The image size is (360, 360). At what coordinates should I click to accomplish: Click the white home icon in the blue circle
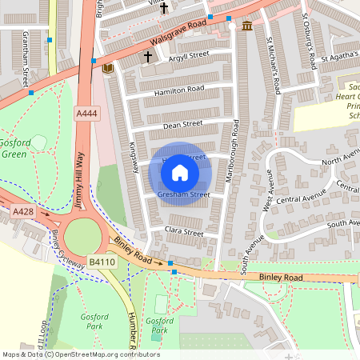click(180, 173)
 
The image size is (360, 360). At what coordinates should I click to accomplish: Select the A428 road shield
click(22, 210)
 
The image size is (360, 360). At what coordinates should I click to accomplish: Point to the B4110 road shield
click(102, 261)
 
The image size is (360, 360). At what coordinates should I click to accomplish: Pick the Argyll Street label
click(188, 55)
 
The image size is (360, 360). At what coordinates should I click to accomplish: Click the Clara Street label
click(183, 231)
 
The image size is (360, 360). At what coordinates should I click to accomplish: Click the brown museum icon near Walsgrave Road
click(247, 26)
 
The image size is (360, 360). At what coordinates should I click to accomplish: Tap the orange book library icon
click(108, 69)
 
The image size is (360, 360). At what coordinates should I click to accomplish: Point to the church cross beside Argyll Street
click(147, 57)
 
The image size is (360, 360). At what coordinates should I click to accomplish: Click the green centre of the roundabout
click(83, 237)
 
